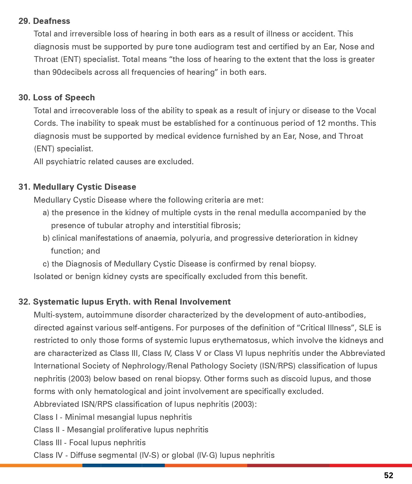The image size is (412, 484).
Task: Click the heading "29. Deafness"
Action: pos(44,21)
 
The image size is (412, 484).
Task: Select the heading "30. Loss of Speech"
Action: pos(57,97)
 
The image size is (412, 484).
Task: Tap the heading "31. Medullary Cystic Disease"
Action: pos(77,187)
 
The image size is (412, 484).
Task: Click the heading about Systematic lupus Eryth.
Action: pos(124,302)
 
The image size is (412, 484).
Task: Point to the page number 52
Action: pos(388,475)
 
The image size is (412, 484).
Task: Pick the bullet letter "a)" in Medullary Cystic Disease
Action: pos(46,213)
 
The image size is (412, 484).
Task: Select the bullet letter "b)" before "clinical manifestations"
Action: pos(46,238)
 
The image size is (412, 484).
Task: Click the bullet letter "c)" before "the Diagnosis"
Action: pos(46,264)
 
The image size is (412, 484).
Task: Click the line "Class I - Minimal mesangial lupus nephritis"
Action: pos(113,417)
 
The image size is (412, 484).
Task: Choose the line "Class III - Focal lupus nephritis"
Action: pos(90,442)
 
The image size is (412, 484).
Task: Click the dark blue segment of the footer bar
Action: pos(123,465)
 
